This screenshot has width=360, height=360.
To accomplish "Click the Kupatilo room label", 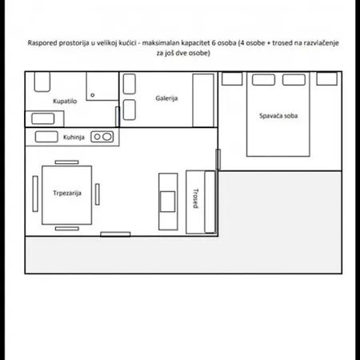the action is [x=65, y=101].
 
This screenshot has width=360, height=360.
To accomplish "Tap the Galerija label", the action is [x=166, y=98].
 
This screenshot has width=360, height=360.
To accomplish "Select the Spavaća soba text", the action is [x=278, y=116].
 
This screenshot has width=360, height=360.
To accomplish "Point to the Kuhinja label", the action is [x=74, y=137].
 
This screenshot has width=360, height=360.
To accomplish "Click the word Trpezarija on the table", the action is [x=67, y=193].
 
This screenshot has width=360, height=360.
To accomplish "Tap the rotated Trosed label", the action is [x=196, y=198].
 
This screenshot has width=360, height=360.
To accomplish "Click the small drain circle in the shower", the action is [x=93, y=95].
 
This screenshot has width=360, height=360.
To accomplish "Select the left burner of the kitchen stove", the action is [x=97, y=137].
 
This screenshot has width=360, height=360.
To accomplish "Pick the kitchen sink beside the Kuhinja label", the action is [x=46, y=137].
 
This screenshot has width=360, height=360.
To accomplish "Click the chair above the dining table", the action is [x=66, y=162].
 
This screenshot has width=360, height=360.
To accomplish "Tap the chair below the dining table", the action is [x=67, y=229].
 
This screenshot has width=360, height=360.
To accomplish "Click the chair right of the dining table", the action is [x=98, y=194].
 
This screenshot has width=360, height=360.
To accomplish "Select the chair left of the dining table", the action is [x=35, y=194].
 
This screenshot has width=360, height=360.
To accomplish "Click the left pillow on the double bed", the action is [x=263, y=80].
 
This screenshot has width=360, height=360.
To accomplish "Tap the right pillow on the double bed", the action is [x=294, y=80].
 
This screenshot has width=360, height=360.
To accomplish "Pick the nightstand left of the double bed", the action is [x=232, y=78].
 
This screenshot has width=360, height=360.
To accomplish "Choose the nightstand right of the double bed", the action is [x=326, y=78].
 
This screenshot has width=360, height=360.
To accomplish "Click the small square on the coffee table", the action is [x=168, y=202].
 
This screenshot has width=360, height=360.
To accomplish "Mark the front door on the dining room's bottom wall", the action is [x=115, y=234].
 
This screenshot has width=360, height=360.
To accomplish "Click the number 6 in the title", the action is [x=214, y=43].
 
